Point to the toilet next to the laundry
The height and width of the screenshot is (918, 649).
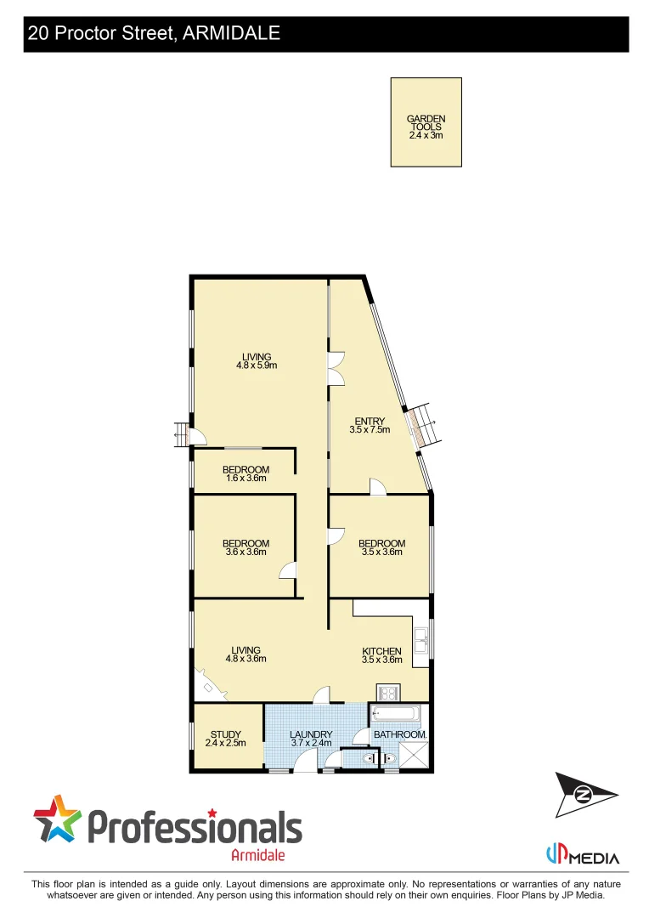pyautogui.click(x=366, y=758)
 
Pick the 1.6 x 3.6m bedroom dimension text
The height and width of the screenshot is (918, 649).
pyautogui.click(x=245, y=479)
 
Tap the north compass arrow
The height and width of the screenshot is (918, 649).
pyautogui.click(x=584, y=795)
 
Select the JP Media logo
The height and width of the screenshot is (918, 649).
pyautogui.click(x=582, y=855)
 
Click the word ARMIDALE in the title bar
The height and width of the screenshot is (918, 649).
pyautogui.click(x=231, y=34)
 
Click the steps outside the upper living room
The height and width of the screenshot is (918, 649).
pyautogui.click(x=180, y=434)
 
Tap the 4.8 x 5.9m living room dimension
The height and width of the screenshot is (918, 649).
pyautogui.click(x=257, y=365)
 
